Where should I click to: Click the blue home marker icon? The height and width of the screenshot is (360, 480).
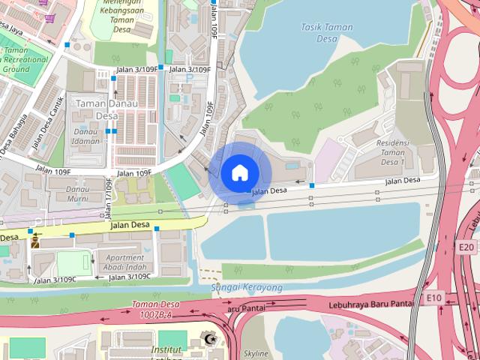point(240,172)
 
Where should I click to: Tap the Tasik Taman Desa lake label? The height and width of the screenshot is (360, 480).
point(326,32)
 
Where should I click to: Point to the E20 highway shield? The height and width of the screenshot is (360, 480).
point(466,246)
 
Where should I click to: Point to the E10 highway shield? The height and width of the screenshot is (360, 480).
point(434,298)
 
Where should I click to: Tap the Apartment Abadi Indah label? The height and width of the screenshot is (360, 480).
point(125,262)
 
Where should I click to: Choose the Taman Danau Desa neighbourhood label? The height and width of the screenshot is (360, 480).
point(106,109)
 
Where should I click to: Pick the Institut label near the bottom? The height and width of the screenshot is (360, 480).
point(166,349)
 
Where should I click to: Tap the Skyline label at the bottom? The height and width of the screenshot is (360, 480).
point(256,352)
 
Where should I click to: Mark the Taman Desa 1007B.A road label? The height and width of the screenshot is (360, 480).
point(156,309)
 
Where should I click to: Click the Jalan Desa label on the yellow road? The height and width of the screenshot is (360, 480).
point(130,224)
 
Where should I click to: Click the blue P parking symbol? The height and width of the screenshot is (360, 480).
point(190,77)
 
